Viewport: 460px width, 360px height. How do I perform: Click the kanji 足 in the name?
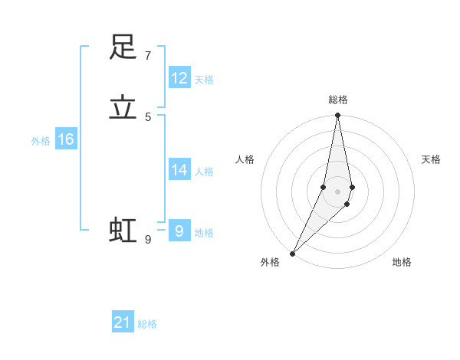[123, 47]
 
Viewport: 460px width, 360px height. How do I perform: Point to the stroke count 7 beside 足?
[147, 56]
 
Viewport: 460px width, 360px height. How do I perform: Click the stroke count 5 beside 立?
[147, 117]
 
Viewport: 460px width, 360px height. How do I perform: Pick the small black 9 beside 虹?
[147, 240]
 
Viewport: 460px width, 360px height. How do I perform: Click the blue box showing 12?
[179, 78]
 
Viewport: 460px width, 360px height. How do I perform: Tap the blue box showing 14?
[179, 170]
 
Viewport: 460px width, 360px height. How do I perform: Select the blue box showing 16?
[66, 139]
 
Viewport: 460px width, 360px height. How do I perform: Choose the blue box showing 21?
[123, 322]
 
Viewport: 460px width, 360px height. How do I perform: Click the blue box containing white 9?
[179, 231]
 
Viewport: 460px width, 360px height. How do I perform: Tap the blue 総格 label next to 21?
[147, 324]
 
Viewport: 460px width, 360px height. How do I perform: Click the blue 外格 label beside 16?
[41, 141]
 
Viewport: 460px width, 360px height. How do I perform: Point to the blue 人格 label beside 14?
[204, 172]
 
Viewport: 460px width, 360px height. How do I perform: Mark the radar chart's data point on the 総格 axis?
[337, 116]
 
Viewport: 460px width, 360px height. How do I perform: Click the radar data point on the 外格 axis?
[292, 254]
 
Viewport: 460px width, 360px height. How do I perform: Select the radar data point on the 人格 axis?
[324, 187]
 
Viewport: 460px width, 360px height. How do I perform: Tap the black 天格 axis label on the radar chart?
[431, 159]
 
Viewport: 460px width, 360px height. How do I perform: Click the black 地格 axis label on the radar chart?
[402, 262]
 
